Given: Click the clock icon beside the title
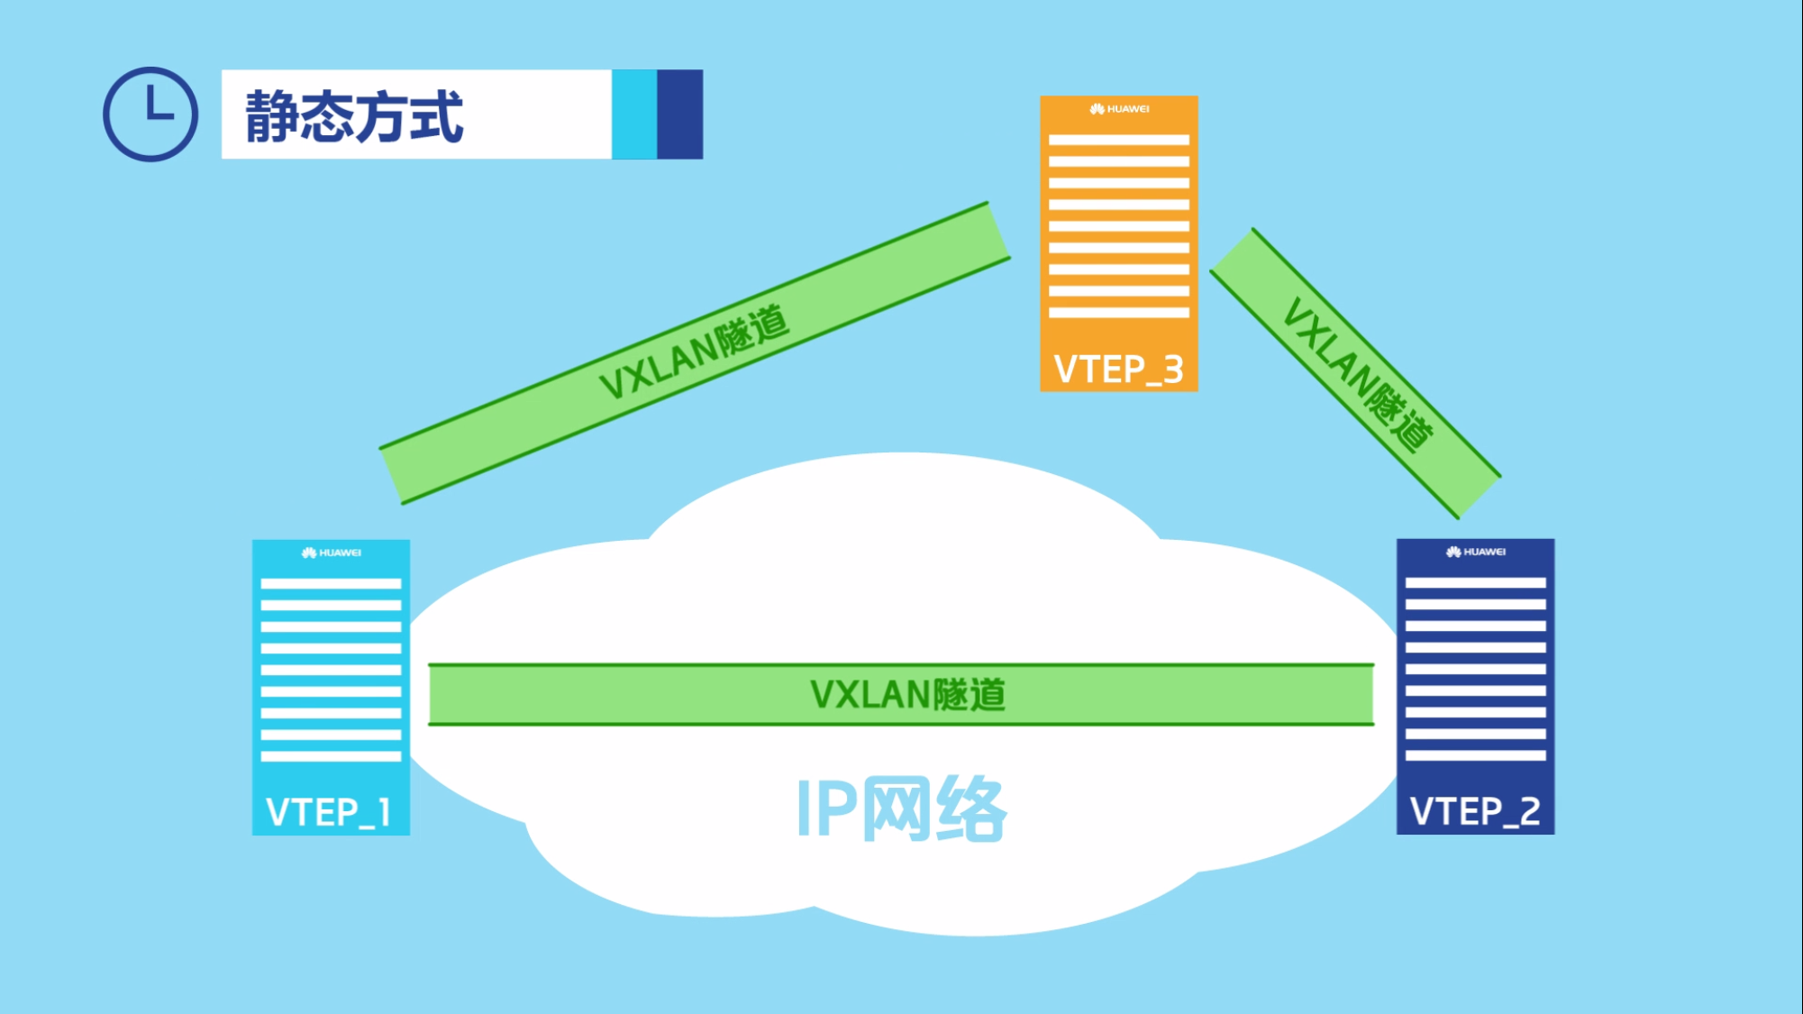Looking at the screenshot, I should pos(150,114).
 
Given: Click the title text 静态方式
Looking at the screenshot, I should pos(354,116).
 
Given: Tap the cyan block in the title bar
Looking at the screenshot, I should pos(634,114).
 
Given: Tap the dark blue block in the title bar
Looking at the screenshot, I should pos(680,114).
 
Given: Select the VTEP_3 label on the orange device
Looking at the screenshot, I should pos(1118,370).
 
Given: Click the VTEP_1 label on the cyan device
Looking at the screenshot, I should pos(329,813).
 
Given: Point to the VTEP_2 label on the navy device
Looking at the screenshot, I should pos(1475,812).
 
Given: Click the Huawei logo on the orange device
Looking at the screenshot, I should pos(1119,109).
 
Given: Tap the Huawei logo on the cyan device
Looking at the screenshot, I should pos(331,553).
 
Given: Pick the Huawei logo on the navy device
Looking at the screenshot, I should pos(1475,552).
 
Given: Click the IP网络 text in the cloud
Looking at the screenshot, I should pos(901,809).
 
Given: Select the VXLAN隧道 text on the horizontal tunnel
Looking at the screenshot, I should pos(907,695).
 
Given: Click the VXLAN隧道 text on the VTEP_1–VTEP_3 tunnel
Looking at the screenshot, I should pos(694,352).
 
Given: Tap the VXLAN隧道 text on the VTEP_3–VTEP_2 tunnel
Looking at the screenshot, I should pos(1357,373).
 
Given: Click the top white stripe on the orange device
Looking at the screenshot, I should pos(1119,141).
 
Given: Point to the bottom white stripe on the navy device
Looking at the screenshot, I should pos(1475,756).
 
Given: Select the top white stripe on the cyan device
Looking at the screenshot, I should pos(331,584).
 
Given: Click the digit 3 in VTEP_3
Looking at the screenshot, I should pos(1173,370).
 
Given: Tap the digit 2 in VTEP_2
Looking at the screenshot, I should pos(1529,812).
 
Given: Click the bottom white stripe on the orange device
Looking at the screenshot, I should pos(1119,313).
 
